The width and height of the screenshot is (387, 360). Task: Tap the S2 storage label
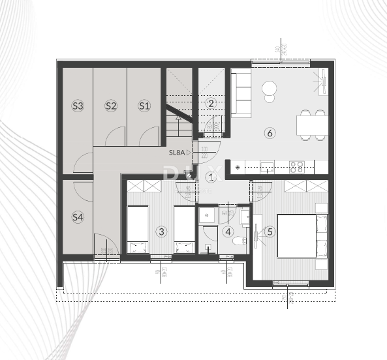click(x=111, y=105)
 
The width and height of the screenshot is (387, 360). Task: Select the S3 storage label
click(x=78, y=105)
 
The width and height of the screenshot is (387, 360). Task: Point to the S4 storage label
click(x=78, y=217)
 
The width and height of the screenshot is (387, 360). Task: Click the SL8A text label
click(x=178, y=153)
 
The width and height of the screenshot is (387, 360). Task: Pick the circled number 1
click(x=211, y=176)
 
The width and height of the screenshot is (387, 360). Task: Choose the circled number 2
click(x=211, y=103)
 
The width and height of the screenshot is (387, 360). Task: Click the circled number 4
click(x=228, y=231)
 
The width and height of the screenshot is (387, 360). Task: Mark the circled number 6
click(x=270, y=133)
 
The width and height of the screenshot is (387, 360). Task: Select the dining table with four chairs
click(x=311, y=125)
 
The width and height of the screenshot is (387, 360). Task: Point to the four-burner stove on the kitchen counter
click(x=296, y=166)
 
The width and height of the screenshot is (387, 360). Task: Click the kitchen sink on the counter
click(x=267, y=166)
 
